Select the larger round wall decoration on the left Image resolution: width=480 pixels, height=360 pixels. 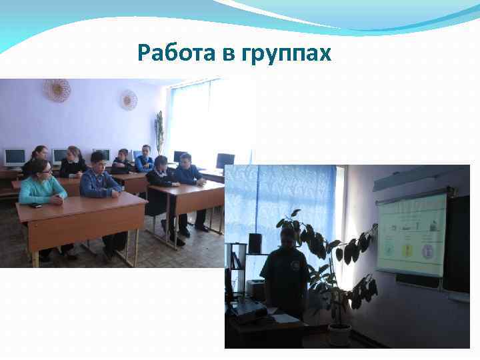click(57, 90)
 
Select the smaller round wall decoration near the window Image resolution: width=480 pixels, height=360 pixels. click(129, 99)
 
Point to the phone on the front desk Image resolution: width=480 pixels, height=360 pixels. click(37, 205)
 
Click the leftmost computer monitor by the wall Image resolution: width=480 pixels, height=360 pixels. click(15, 157)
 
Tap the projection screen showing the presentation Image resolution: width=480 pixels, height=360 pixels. click(411, 235)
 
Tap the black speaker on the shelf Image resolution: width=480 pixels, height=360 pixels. click(255, 244)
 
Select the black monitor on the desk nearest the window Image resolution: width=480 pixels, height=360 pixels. click(225, 161)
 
